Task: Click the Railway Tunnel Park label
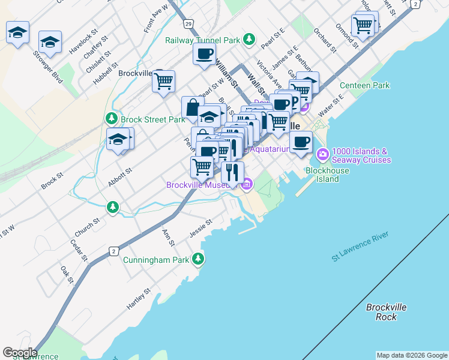point(203,40)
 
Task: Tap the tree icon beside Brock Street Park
point(111,119)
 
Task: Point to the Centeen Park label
point(364,86)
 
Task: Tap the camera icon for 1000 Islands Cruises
point(324,155)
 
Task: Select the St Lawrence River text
point(360,248)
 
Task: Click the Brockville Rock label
point(387,311)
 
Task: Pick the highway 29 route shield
point(189,23)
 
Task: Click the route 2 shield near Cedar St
point(113,251)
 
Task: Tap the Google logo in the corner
point(19,353)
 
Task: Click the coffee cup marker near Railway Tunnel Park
point(204,53)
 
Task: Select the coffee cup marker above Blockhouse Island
point(301,142)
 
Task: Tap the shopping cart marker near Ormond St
point(363,25)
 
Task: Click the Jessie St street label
point(201,228)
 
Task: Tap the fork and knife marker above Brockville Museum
point(232,172)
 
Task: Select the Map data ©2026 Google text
point(412,355)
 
